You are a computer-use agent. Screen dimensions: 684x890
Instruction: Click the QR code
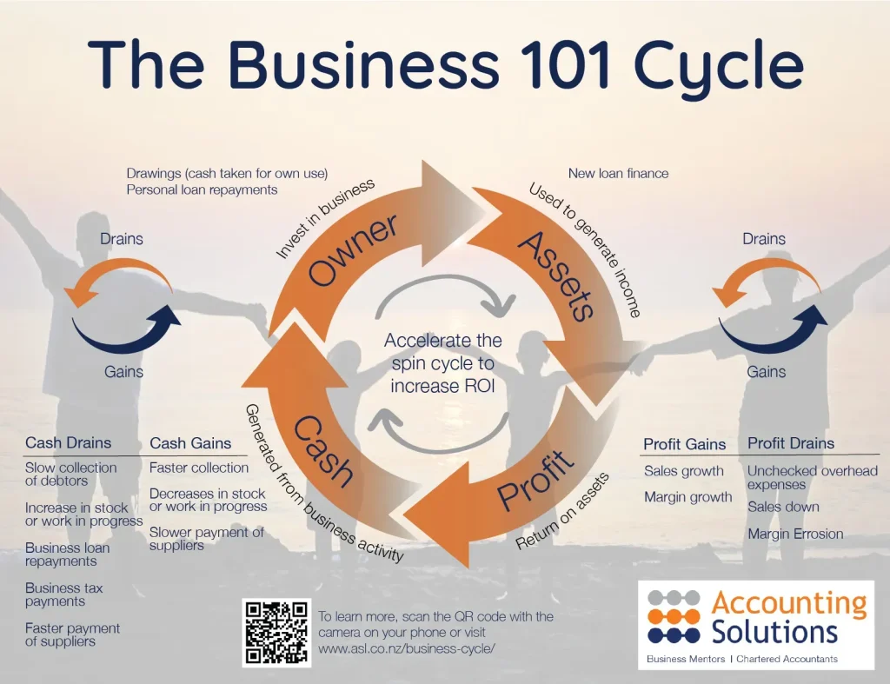tap(276, 633)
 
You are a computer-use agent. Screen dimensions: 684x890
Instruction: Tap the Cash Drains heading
tap(68, 443)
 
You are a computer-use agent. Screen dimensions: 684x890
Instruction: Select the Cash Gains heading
tap(190, 443)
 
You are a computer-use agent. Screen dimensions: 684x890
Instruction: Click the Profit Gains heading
tap(684, 444)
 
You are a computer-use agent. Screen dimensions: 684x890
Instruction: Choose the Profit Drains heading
tap(790, 443)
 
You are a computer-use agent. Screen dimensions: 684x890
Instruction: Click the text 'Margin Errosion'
tap(795, 535)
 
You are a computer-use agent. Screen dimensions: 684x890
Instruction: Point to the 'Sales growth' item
tap(683, 471)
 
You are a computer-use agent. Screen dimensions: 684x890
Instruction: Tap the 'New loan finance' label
tap(618, 173)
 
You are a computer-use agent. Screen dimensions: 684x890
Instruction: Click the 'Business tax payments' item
tap(63, 594)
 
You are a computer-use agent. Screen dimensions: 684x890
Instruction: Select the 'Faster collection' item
tap(199, 468)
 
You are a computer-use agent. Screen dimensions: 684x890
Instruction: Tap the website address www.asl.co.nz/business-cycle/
tap(407, 648)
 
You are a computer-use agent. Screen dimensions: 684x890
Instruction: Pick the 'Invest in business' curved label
tap(325, 219)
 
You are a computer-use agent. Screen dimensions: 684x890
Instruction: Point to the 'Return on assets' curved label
tap(561, 512)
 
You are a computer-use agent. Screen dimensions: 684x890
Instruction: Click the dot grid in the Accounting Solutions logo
tap(674, 615)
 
